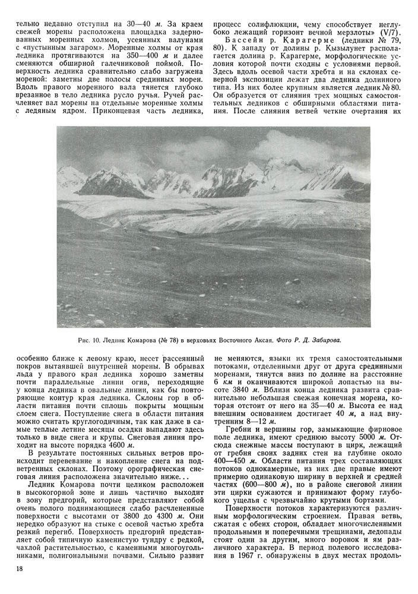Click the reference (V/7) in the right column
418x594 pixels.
pos(387,31)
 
